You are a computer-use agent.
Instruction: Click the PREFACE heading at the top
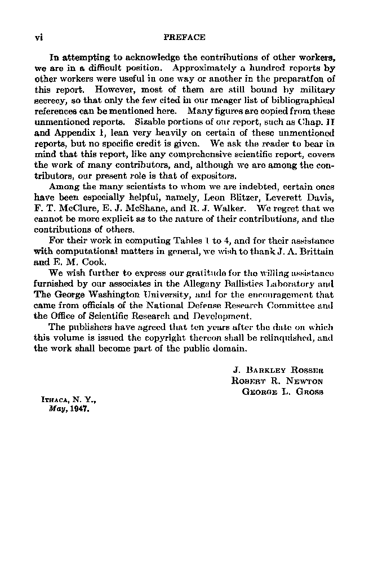point(184,37)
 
